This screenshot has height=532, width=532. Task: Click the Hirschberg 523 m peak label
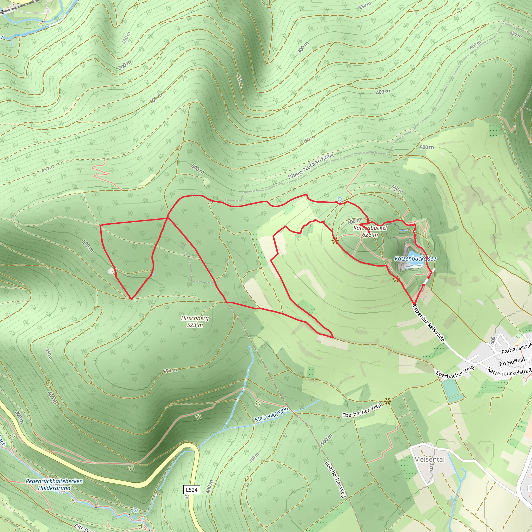pyautogui.click(x=195, y=322)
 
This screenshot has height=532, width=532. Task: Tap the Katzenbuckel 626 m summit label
pyautogui.click(x=370, y=231)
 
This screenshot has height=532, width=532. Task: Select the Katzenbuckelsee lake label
pyautogui.click(x=415, y=258)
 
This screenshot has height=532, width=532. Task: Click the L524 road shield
pyautogui.click(x=191, y=490)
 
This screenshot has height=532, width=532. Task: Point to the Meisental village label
pyautogui.click(x=429, y=459)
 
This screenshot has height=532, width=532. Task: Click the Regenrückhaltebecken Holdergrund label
pyautogui.click(x=54, y=484)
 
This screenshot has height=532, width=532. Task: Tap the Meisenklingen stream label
pyautogui.click(x=271, y=415)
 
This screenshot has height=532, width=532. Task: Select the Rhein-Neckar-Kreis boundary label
pyautogui.click(x=311, y=166)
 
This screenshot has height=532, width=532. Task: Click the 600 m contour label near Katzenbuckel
pyautogui.click(x=354, y=221)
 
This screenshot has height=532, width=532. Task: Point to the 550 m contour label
pyautogui.click(x=397, y=189)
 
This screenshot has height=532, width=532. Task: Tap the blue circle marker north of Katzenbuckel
pyautogui.click(x=340, y=199)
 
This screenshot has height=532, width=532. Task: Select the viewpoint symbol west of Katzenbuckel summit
pyautogui.click(x=335, y=241)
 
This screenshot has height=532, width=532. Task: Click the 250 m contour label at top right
pyautogui.click(x=365, y=5)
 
